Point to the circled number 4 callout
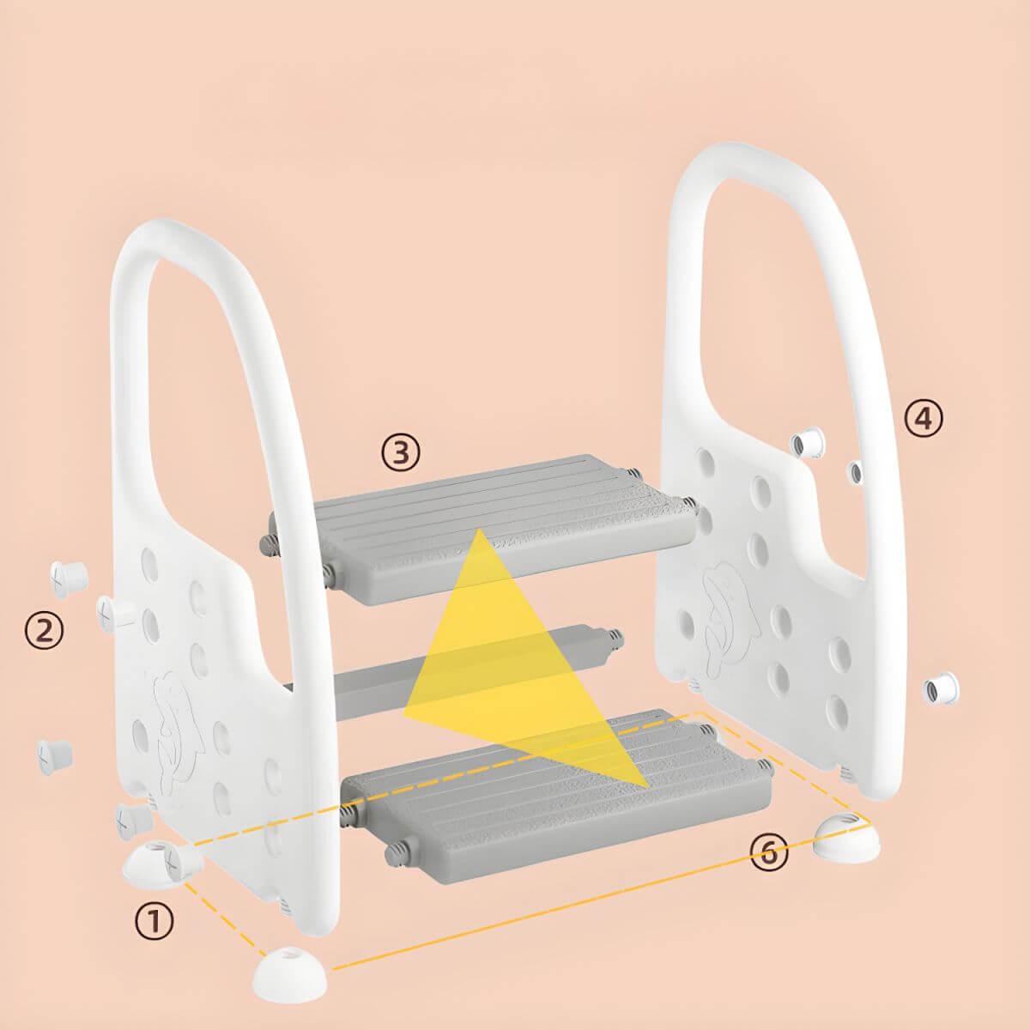(x=923, y=418)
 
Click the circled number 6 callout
(x=768, y=852)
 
